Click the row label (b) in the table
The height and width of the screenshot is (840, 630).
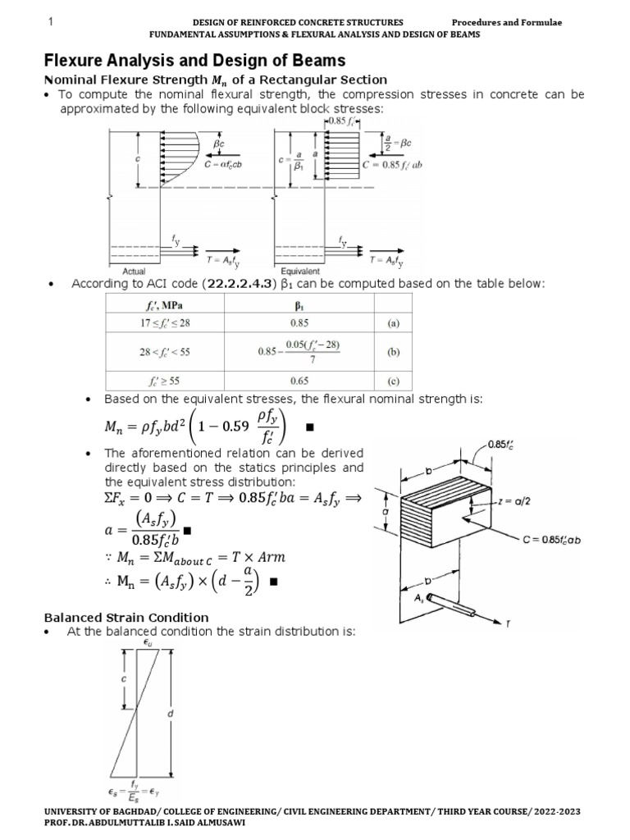click(393, 353)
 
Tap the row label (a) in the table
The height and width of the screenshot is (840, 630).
click(393, 323)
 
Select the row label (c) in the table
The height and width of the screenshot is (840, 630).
click(393, 381)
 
